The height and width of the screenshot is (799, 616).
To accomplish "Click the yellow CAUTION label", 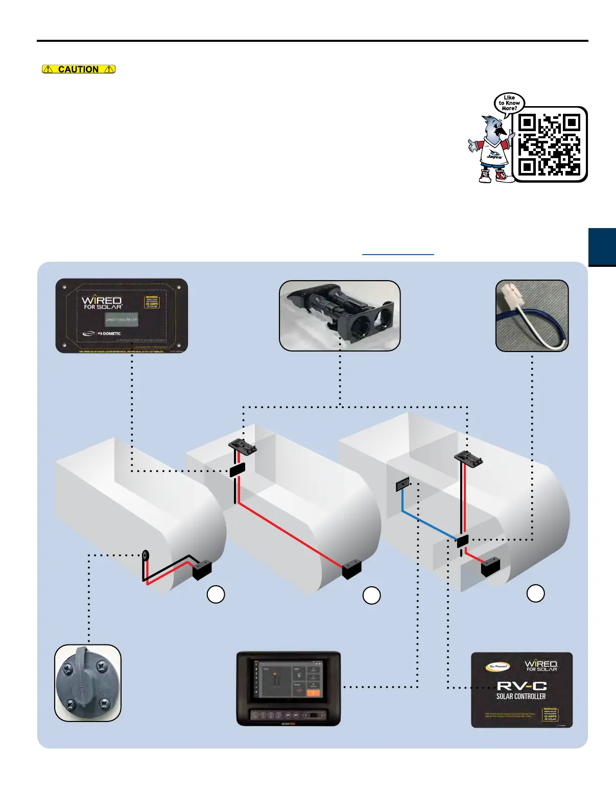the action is click(79, 69).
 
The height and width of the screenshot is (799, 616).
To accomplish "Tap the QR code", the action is click(550, 144).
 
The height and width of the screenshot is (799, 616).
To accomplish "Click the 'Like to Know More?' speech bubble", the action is click(509, 103).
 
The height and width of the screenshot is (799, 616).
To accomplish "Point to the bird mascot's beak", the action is click(504, 132).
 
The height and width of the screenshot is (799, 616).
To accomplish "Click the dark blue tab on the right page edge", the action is click(602, 247).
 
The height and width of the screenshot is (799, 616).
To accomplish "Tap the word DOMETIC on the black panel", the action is click(112, 334).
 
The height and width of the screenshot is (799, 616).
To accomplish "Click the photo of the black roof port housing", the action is click(340, 315).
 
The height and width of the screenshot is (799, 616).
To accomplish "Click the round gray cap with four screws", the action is click(88, 683).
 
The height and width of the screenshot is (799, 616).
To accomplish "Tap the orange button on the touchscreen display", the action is click(313, 692).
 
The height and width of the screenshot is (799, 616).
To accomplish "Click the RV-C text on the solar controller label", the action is click(521, 686).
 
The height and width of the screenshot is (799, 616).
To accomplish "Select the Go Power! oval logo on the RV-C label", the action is click(497, 666).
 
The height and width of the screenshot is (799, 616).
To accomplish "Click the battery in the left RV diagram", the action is click(202, 570).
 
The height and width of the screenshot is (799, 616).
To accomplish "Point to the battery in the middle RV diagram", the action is click(352, 569).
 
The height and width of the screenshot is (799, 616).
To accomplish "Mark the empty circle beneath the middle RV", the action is click(372, 595).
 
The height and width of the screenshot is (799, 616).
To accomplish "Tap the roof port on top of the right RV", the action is click(468, 458).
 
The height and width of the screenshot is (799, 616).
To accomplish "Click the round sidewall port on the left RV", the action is click(146, 555).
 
